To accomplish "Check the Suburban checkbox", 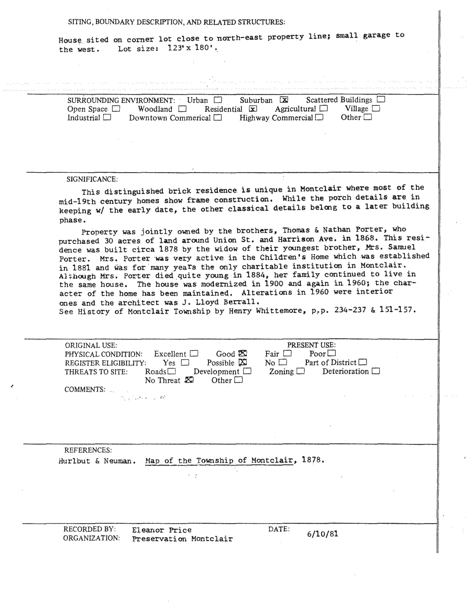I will [284, 100].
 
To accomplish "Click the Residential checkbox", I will [253, 109].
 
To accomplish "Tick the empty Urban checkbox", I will [218, 100].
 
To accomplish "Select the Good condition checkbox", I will [243, 353].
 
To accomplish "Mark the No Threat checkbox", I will [189, 380].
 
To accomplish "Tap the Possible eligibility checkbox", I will [243, 362].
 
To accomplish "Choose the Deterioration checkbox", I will [376, 371].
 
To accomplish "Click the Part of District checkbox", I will [363, 362].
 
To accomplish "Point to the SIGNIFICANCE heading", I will [92, 179].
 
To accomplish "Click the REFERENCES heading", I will [88, 450].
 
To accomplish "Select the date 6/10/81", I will [322, 534].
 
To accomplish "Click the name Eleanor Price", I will [162, 530].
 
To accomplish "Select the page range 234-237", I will [350, 310].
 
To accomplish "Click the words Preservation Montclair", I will [182, 539].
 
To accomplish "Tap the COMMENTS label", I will [85, 389].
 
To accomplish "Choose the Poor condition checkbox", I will [332, 353].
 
